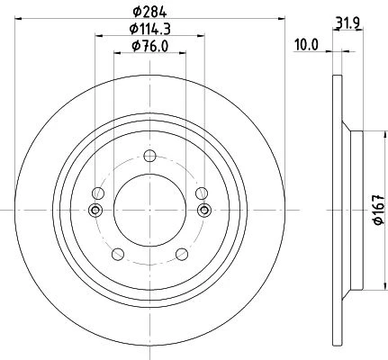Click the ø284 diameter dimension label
click(x=149, y=12)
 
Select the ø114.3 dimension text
click(x=150, y=29)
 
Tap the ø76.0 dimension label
click(x=149, y=46)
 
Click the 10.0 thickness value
click(x=306, y=46)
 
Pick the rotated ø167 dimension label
click(x=379, y=210)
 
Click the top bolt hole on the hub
click(x=149, y=156)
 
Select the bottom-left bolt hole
click(x=118, y=254)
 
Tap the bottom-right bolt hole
click(x=182, y=254)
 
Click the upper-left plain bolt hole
click(x=98, y=193)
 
